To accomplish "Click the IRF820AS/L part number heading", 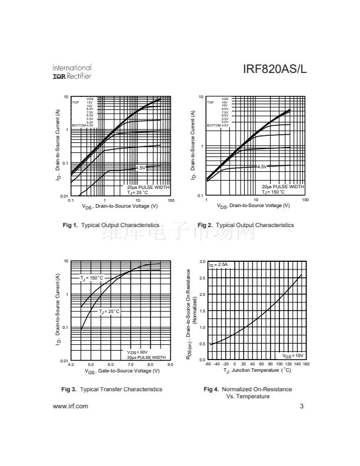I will tap(275, 70).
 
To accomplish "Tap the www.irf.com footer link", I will tap(70, 406).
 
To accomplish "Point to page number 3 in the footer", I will tap(302, 406).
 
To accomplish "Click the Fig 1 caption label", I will tap(70, 225).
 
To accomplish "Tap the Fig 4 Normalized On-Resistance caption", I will tap(248, 392).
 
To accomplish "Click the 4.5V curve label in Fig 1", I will tap(140, 168).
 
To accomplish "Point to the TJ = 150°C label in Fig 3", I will tap(92, 278).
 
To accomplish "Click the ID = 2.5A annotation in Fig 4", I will tap(219, 265).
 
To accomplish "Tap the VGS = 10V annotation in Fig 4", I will tap(292, 356).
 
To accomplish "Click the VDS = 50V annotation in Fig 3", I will tap(137, 352).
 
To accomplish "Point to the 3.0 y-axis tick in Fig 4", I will tap(202, 261).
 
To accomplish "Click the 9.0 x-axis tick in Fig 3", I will tap(171, 365).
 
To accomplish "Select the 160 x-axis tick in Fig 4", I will tap(306, 365).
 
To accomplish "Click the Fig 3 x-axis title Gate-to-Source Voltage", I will tap(122, 371).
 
